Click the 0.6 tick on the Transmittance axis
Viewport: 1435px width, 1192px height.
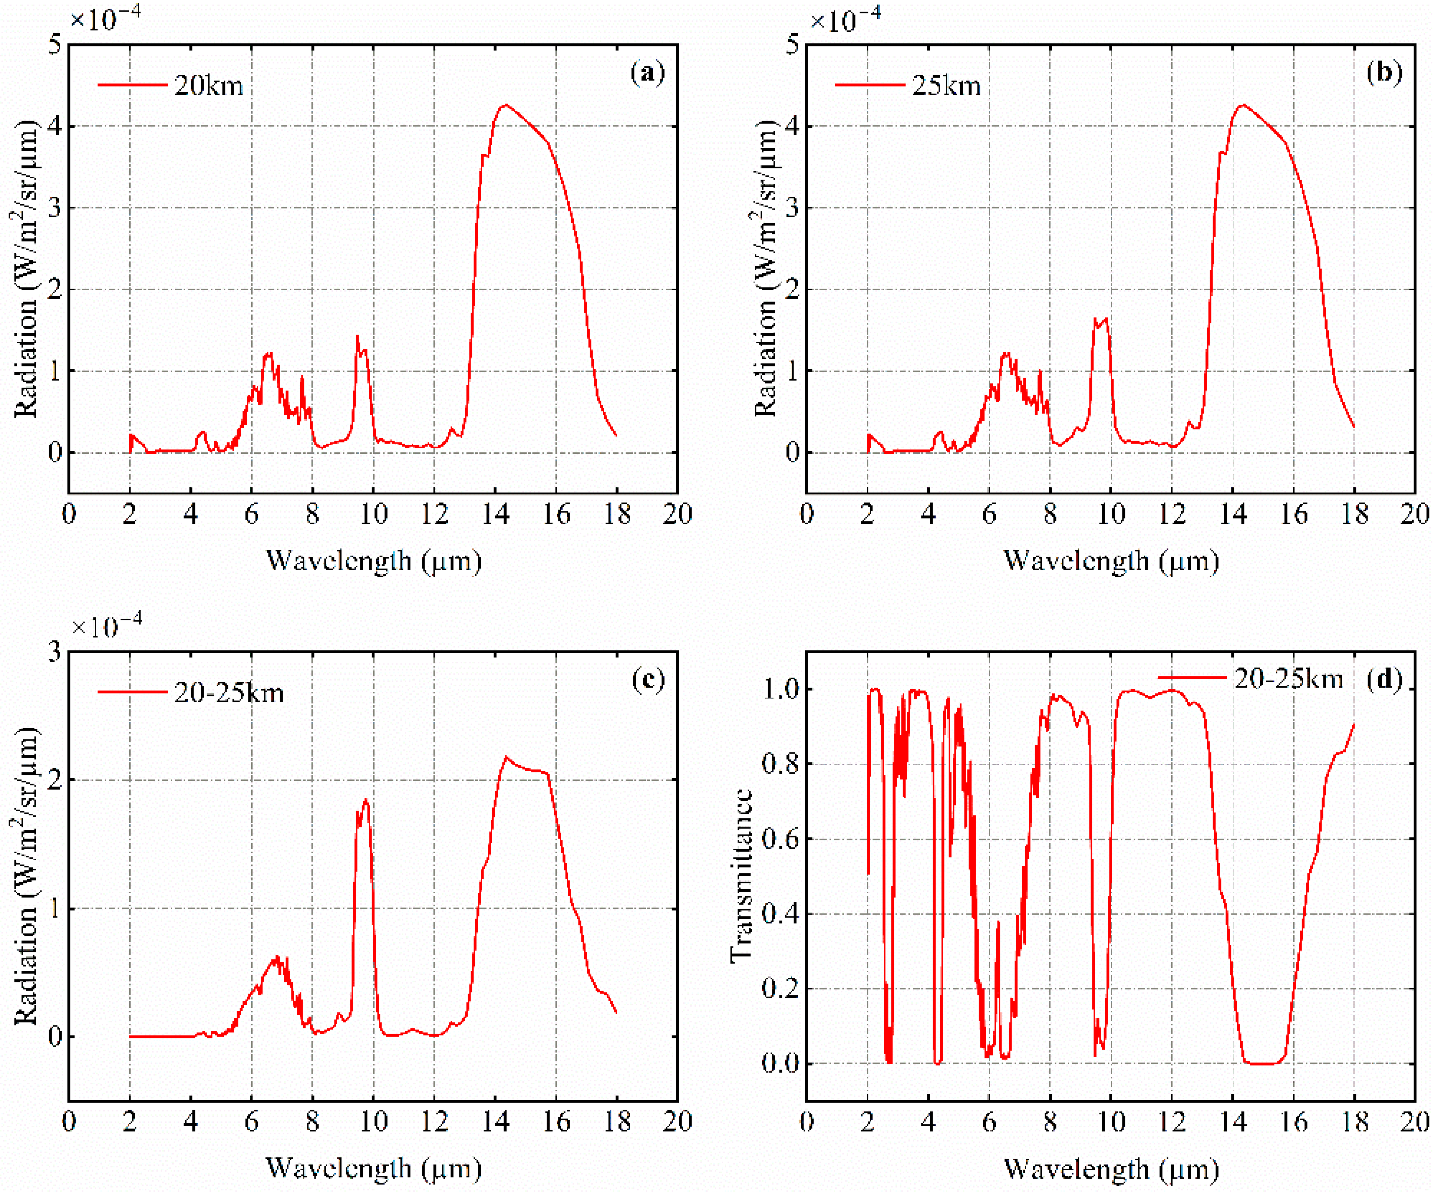click(x=780, y=839)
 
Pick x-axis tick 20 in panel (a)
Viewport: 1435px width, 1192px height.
click(x=677, y=514)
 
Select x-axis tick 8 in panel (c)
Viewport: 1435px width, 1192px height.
click(x=312, y=1122)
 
